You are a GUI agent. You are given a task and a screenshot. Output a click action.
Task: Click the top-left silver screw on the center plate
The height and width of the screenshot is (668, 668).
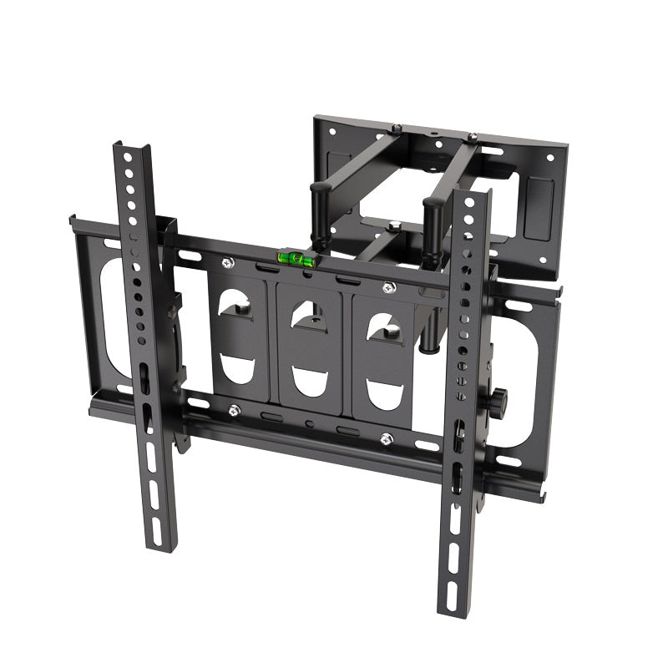tap(227, 264)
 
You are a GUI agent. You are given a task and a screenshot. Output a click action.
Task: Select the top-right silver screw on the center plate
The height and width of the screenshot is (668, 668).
tap(387, 289)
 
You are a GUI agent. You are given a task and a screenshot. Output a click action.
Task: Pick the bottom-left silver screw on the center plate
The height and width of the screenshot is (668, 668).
tap(235, 410)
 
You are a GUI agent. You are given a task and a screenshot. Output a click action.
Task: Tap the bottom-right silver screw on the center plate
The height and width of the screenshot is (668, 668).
tap(386, 438)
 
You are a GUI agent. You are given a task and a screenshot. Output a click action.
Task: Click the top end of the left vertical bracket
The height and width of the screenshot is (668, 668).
tap(132, 151)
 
